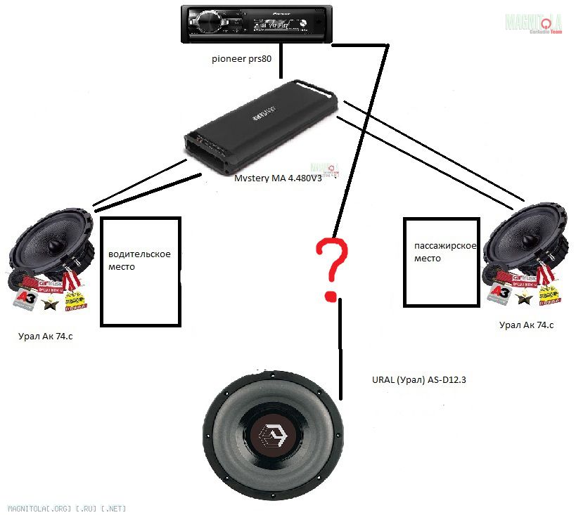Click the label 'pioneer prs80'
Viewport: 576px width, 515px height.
pyautogui.click(x=241, y=59)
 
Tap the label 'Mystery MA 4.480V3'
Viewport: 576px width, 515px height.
pyautogui.click(x=278, y=178)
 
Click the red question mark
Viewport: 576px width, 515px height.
pyautogui.click(x=331, y=268)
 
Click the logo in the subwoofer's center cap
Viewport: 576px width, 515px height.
pyautogui.click(x=274, y=441)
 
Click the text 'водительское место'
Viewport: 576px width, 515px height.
pyautogui.click(x=139, y=260)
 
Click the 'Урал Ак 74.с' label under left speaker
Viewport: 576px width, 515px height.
pyautogui.click(x=46, y=337)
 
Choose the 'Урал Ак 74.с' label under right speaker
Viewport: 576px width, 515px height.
pyautogui.click(x=526, y=325)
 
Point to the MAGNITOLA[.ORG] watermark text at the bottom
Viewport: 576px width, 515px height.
pyautogui.click(x=67, y=507)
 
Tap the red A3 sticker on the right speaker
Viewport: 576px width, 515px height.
pyautogui.click(x=499, y=293)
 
